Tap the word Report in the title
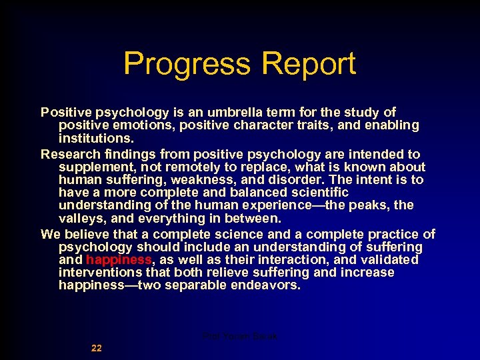(309, 64)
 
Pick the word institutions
(96, 138)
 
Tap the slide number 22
(97, 348)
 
